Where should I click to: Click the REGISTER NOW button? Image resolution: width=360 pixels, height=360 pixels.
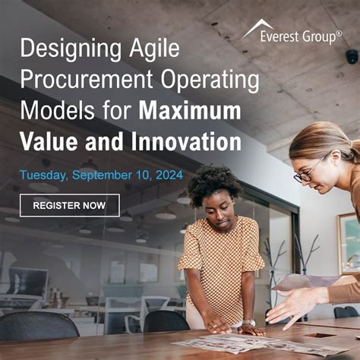coord(69,205)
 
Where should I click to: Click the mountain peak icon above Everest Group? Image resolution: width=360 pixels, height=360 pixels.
coord(258,27)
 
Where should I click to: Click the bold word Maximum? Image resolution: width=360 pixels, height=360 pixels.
coord(190,111)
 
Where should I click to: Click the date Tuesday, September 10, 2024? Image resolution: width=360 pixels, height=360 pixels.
coord(101,175)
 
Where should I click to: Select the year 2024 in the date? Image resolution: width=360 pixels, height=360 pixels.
coord(168,175)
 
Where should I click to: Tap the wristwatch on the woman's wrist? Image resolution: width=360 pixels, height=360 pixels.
coord(248,323)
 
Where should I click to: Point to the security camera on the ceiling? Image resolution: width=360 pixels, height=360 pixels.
coord(352,57)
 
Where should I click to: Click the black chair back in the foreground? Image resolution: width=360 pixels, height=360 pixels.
coord(38,327)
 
